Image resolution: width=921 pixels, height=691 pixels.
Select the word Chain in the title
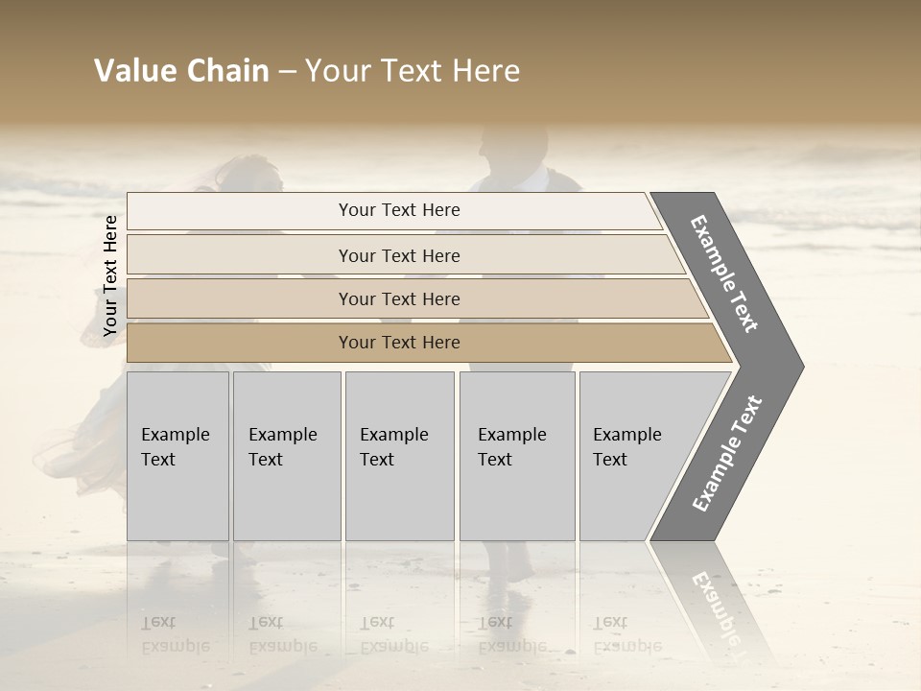point(227,71)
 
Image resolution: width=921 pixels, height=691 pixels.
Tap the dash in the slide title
point(287,72)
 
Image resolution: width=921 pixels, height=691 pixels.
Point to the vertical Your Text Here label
point(110,275)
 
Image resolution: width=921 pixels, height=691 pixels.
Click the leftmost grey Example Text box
point(177,456)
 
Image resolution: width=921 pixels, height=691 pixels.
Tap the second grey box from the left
point(287,456)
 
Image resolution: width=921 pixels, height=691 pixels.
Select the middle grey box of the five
point(399,456)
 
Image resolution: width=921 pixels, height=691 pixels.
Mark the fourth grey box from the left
point(517,456)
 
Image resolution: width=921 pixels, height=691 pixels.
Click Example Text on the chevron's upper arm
point(725,274)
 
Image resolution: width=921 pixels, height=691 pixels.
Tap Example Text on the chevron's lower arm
point(727,454)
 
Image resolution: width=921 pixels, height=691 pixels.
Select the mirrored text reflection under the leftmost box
point(175,633)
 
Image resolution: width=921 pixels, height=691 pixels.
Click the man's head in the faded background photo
point(508,149)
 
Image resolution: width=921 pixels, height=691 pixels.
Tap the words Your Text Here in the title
point(413,71)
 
